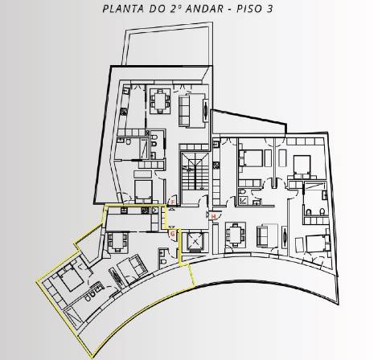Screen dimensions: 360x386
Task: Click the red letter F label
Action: (x=171, y=202)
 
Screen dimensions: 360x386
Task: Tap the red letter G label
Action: (x=171, y=234)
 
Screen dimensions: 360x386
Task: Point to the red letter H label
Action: (x=212, y=215)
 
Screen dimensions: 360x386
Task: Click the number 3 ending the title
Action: (x=291, y=10)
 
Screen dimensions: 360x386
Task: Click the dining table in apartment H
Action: (x=236, y=235)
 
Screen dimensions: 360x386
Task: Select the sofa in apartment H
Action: (x=263, y=235)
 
